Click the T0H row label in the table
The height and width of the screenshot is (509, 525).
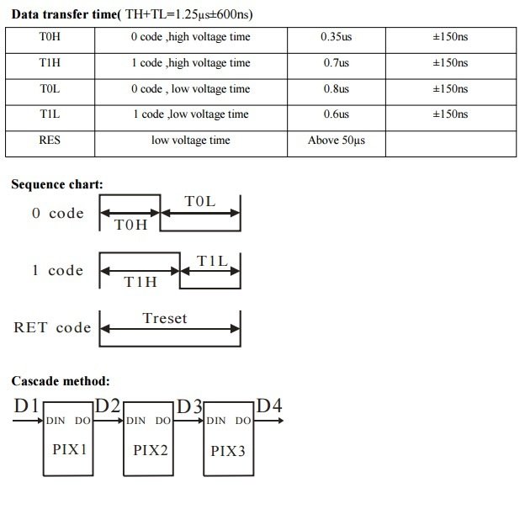(50, 38)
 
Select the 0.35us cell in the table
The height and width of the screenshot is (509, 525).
(336, 38)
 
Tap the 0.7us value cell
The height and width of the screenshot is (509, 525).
(336, 63)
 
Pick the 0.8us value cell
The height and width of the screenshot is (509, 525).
(336, 89)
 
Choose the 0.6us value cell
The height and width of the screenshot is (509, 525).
(336, 114)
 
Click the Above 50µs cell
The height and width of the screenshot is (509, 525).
(336, 141)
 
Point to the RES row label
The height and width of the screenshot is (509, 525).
(50, 141)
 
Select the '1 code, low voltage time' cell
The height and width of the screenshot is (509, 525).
(190, 114)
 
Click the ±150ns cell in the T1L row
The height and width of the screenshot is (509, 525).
(450, 114)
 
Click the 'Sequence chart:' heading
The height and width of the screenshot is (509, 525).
(57, 184)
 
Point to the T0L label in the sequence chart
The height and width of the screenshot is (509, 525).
(200, 202)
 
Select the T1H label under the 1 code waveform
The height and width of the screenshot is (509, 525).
(141, 283)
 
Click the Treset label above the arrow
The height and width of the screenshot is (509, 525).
(165, 318)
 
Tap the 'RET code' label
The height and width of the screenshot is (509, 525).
(52, 327)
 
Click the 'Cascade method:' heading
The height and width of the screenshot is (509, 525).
(61, 381)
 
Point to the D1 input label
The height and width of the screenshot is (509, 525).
(26, 407)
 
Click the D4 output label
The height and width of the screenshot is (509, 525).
(269, 407)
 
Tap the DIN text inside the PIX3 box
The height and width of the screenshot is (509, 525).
(216, 421)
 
